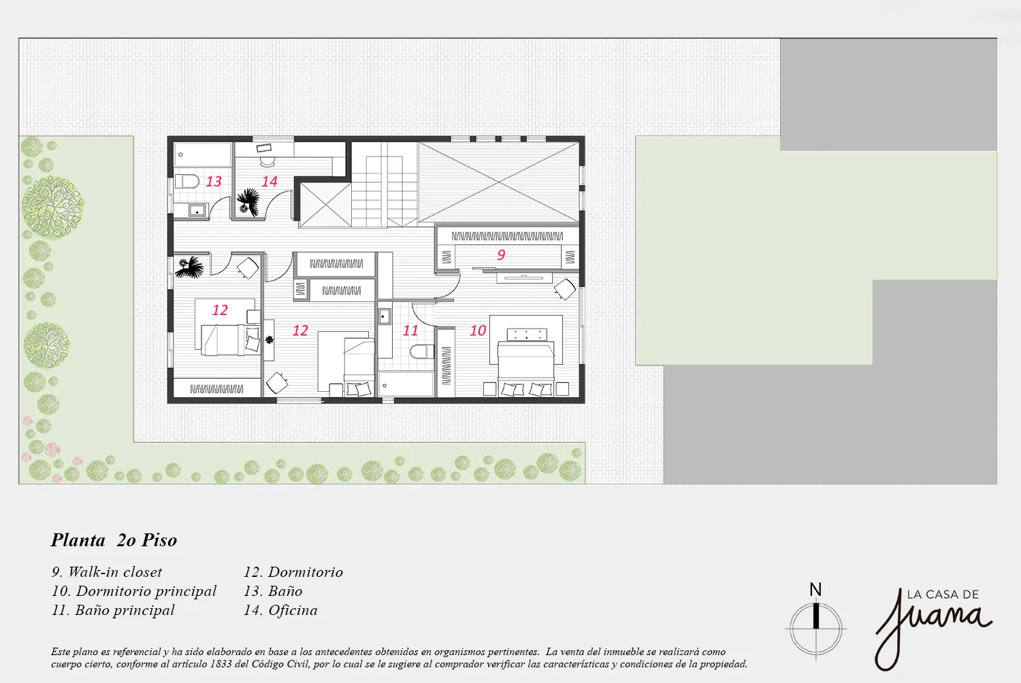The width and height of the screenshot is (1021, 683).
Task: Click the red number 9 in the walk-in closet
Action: pos(501,254)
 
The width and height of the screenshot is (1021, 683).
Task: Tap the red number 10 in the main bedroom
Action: pos(478,331)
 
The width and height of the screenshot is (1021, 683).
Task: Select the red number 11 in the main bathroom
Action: pos(410,331)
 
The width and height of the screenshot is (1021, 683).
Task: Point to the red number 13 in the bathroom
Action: pos(213,182)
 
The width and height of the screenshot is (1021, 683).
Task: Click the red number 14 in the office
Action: pos(270,182)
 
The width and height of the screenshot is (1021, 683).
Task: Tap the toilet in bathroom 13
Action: pos(187,182)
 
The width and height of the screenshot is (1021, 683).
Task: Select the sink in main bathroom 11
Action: pos(385,316)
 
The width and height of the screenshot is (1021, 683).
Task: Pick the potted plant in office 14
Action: pos(248,201)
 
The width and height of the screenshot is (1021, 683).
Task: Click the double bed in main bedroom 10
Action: pos(526,360)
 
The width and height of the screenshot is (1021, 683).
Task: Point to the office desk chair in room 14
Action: pos(268,162)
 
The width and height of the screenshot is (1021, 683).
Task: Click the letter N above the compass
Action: pos(815,590)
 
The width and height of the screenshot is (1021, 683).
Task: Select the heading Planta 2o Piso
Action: pos(114,540)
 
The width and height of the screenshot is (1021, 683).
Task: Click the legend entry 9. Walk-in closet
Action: pos(107,572)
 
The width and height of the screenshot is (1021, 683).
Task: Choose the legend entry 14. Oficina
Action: pos(280,610)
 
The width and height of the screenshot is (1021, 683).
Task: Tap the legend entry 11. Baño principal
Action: pos(113,610)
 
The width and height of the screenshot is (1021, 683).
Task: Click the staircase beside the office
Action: pos(385,184)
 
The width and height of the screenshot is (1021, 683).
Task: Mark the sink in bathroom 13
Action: pos(197,210)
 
